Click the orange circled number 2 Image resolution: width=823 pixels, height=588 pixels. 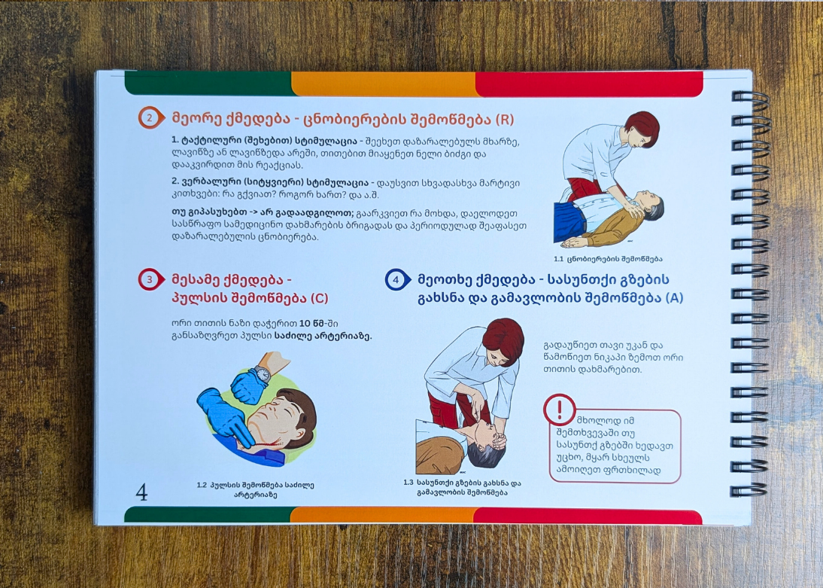pos(150,118)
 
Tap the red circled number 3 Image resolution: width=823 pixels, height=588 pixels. pos(150,279)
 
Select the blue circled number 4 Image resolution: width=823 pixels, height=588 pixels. pos(396,279)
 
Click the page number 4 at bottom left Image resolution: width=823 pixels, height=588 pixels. pos(141,492)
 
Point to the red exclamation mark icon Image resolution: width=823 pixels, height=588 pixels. pos(560,410)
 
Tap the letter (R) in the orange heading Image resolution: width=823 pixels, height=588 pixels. pos(504,119)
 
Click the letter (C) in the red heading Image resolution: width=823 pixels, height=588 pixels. pos(319,298)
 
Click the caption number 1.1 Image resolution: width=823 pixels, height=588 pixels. pos(558,258)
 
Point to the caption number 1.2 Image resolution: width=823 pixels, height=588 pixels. pos(202,485)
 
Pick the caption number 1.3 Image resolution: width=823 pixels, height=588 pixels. pos(408,483)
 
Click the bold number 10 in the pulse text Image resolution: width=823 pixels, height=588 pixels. pos(305,323)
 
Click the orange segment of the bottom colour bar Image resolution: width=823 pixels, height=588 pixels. pos(382,515)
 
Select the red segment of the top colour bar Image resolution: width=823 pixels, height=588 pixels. pos(589,84)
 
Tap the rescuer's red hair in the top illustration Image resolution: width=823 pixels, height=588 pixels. pos(644,126)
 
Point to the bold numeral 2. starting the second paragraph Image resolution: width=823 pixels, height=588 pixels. pos(175,183)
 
